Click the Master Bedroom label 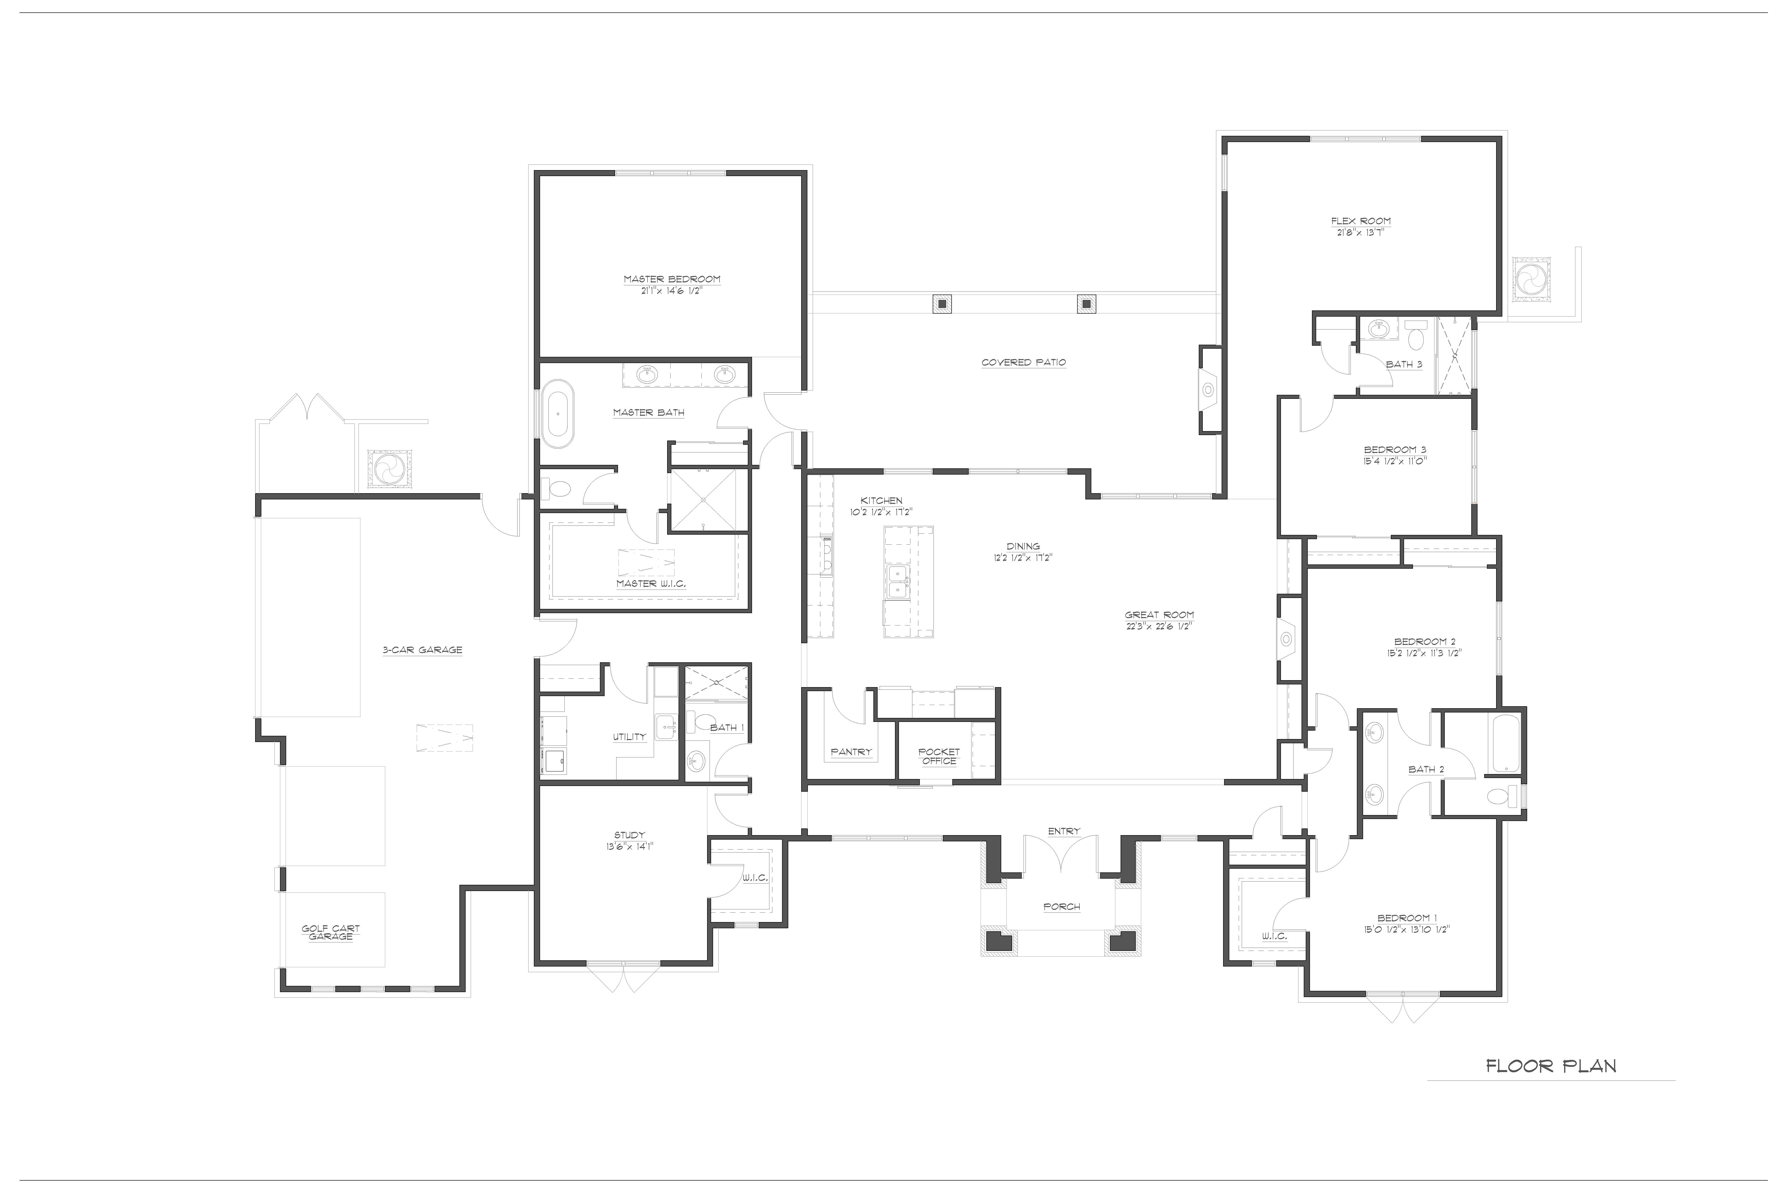click(672, 279)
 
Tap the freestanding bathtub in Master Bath click(558, 414)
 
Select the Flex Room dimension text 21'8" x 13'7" click(1360, 233)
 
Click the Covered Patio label click(1023, 363)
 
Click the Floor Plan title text click(1551, 1067)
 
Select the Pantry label click(851, 752)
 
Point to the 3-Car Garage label click(422, 650)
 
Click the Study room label click(629, 835)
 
